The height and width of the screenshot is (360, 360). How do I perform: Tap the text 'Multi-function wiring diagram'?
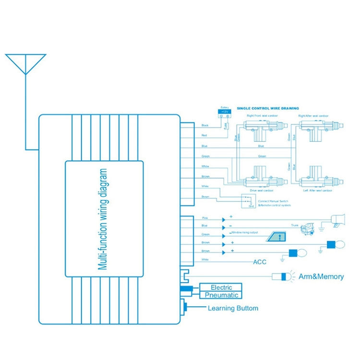click(x=103, y=219)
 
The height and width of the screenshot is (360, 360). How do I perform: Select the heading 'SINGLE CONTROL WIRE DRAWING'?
click(x=268, y=108)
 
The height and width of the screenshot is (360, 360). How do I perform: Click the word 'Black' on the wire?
click(x=205, y=125)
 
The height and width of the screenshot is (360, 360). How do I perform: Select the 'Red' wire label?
click(x=204, y=136)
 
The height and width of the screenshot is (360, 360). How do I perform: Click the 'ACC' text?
click(x=260, y=262)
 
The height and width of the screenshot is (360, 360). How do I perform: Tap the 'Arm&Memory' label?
click(x=321, y=276)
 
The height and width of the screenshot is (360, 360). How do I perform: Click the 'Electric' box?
click(x=221, y=287)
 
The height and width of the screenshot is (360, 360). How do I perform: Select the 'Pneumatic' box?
click(x=221, y=295)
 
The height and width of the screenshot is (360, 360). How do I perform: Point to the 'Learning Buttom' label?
click(x=233, y=308)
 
